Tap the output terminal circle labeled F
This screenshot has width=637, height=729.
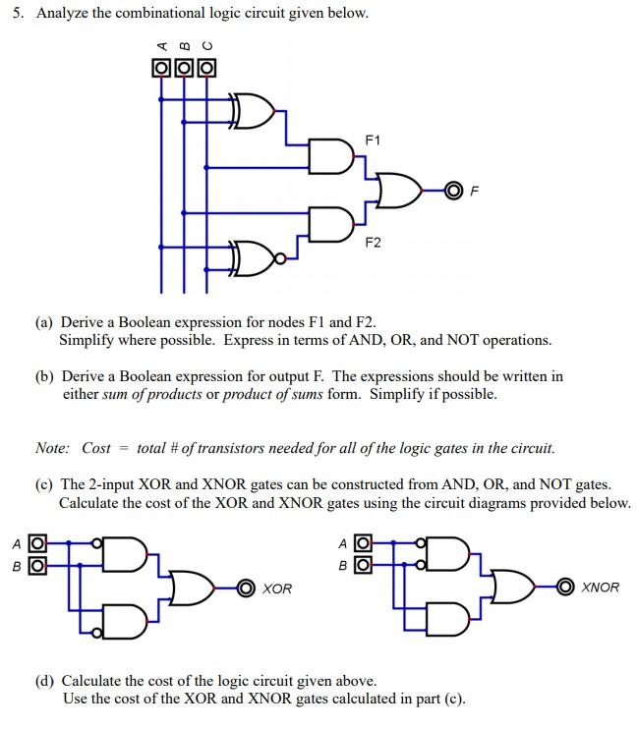pyautogui.click(x=453, y=190)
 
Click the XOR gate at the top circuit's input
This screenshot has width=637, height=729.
pyautogui.click(x=252, y=111)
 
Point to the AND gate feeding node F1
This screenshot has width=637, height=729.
pyautogui.click(x=330, y=155)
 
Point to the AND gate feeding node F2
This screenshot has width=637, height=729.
pyautogui.click(x=330, y=223)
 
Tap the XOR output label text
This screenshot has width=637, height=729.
pyautogui.click(x=277, y=588)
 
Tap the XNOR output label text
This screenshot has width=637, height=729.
pyautogui.click(x=600, y=588)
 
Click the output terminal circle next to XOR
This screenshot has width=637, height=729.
pyautogui.click(x=246, y=588)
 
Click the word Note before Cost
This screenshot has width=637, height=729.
pyautogui.click(x=52, y=448)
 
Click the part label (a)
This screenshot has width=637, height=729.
pyautogui.click(x=45, y=322)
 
